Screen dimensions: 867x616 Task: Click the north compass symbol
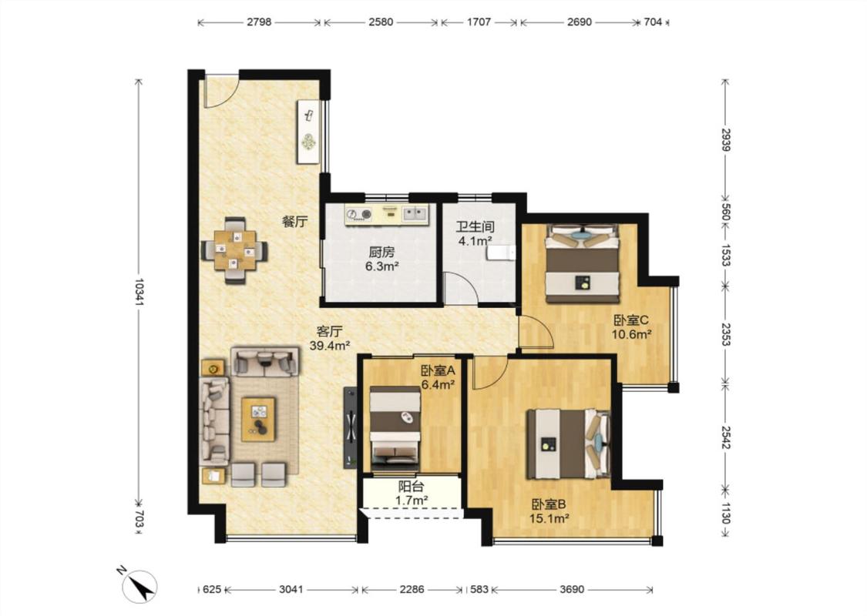(138, 585)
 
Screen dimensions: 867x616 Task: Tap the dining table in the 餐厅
(234, 251)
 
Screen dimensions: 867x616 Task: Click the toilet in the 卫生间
(501, 253)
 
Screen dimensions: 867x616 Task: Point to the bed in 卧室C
(582, 263)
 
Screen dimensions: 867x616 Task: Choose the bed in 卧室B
(569, 444)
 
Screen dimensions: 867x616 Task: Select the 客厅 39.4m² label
(330, 339)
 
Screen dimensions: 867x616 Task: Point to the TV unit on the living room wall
(350, 427)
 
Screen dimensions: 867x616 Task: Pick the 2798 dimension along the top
(259, 22)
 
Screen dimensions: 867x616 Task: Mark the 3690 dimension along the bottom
(572, 590)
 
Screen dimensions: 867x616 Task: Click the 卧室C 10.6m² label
(631, 326)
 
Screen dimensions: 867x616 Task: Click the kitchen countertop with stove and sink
(387, 215)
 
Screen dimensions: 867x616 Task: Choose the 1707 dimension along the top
(479, 22)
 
